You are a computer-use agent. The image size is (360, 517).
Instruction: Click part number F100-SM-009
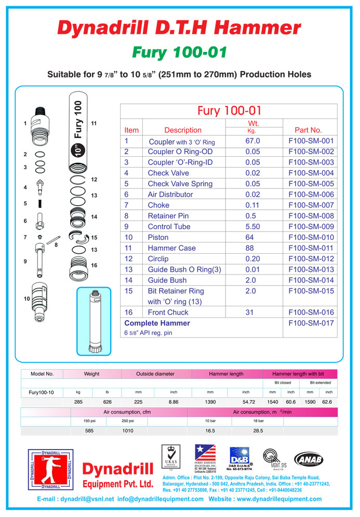(311, 226)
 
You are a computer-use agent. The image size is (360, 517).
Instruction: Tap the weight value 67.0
(252, 141)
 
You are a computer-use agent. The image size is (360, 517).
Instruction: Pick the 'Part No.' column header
(308, 130)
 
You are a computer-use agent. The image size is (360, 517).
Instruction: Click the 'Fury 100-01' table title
(229, 111)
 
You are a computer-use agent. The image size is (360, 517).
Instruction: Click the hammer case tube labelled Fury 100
(77, 132)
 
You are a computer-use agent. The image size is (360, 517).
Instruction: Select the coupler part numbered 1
(41, 125)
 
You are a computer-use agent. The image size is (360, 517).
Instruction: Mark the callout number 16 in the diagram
(94, 265)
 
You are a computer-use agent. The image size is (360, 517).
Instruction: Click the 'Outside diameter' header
(155, 374)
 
